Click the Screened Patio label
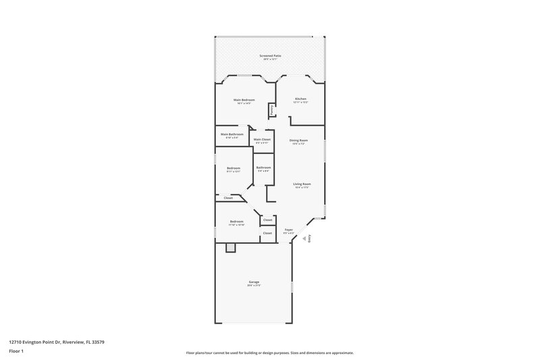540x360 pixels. [x=270, y=55]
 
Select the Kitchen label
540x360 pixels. [x=300, y=99]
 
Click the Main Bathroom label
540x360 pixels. [x=232, y=134]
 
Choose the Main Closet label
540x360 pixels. [x=262, y=139]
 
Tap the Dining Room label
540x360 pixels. [x=299, y=140]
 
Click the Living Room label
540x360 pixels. [x=301, y=184]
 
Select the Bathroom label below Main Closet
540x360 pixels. [x=263, y=168]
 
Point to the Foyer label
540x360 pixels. [x=288, y=230]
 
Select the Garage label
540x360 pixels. [x=253, y=282]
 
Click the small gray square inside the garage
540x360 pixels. [x=230, y=248]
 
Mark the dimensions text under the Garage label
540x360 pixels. [x=253, y=286]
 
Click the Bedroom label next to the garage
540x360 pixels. [x=236, y=222]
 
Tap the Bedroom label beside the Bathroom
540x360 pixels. [x=233, y=168]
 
